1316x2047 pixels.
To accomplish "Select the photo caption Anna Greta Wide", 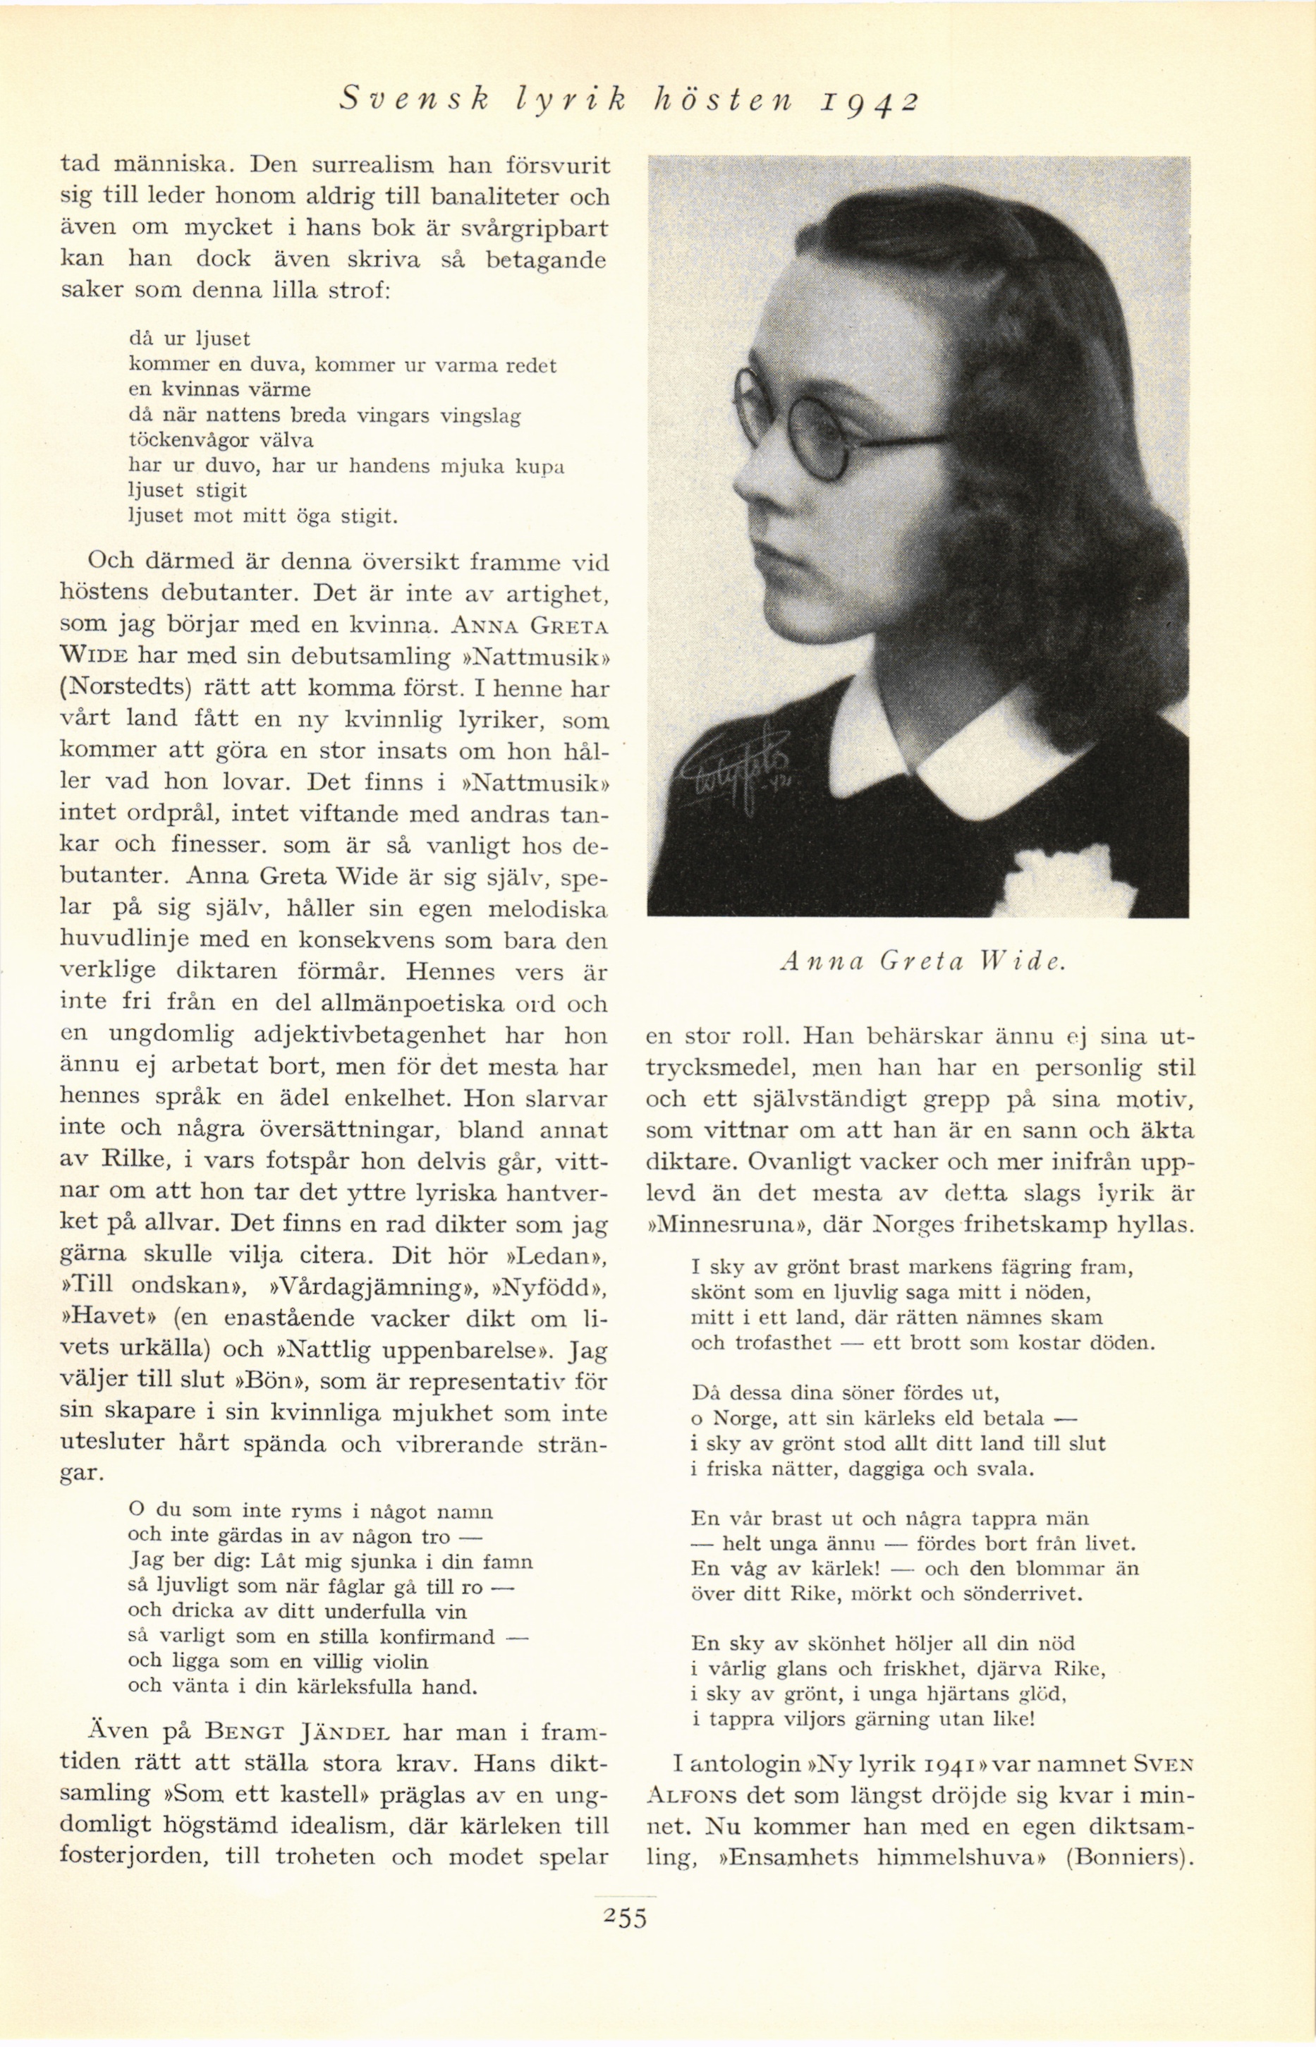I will point(921,961).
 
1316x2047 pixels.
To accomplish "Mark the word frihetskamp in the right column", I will point(1056,1224).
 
